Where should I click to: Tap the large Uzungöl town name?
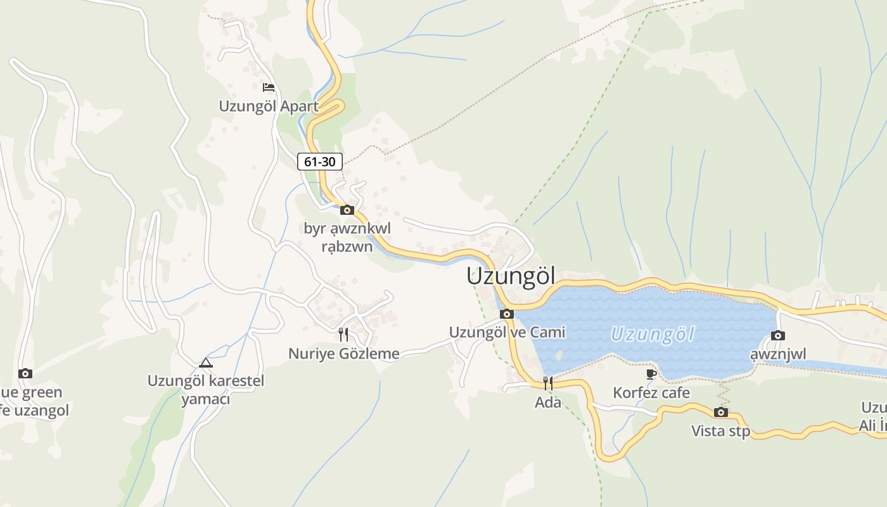511,276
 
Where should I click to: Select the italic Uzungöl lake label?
653,334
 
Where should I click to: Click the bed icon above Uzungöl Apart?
269,87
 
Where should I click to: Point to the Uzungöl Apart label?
269,106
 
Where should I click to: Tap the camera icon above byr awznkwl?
347,210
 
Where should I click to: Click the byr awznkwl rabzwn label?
347,237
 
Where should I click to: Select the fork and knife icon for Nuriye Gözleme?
343,334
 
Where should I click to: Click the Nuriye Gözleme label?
344,354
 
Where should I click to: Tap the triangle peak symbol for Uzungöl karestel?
205,363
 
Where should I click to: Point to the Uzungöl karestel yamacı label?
206,390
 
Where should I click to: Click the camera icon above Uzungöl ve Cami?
507,314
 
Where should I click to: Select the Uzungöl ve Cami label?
507,332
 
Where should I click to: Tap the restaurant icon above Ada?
548,383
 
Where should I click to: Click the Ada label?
548,402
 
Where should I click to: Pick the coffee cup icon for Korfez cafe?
651,374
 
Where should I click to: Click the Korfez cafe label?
651,393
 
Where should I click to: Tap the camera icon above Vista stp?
720,413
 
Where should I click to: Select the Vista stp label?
720,432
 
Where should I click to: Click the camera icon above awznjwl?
778,336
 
